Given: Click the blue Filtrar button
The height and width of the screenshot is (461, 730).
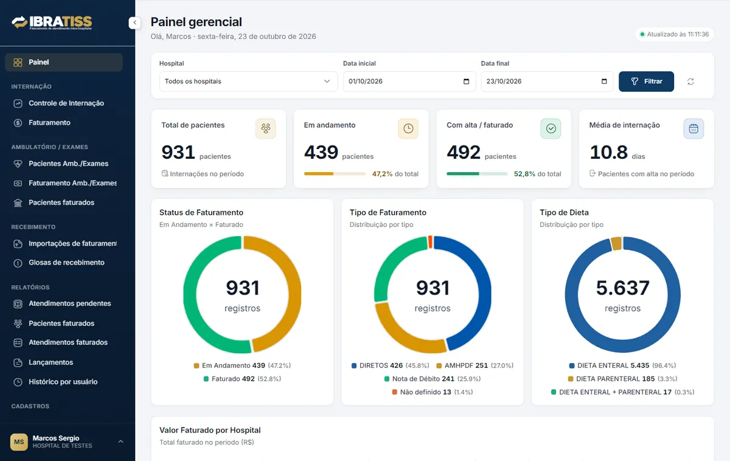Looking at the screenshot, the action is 646,81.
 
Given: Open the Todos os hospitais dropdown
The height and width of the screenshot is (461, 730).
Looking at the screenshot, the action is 248,81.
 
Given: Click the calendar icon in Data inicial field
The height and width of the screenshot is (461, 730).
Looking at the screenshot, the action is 466,81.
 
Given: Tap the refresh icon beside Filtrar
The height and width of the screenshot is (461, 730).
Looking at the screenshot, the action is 690,81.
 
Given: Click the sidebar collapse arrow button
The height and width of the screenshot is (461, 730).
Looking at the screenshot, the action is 134,23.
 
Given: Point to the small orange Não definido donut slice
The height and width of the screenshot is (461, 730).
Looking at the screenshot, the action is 430,242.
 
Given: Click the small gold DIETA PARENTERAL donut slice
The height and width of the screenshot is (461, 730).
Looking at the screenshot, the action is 616,243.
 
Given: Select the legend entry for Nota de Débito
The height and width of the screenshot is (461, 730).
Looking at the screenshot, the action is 433,379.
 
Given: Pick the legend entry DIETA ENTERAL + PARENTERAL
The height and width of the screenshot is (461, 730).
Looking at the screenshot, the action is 622,392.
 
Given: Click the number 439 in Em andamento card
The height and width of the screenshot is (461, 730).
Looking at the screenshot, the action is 321,152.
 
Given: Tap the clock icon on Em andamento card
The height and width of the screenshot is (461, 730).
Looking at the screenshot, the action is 408,129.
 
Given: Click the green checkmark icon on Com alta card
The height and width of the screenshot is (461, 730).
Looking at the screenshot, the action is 551,129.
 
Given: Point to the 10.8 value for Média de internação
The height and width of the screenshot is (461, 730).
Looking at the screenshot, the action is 608,152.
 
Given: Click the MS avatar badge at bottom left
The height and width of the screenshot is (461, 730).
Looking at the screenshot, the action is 19,442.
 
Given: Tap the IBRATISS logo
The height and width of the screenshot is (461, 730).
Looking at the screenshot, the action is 52,23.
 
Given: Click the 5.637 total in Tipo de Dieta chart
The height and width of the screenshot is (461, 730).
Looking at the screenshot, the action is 622,288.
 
